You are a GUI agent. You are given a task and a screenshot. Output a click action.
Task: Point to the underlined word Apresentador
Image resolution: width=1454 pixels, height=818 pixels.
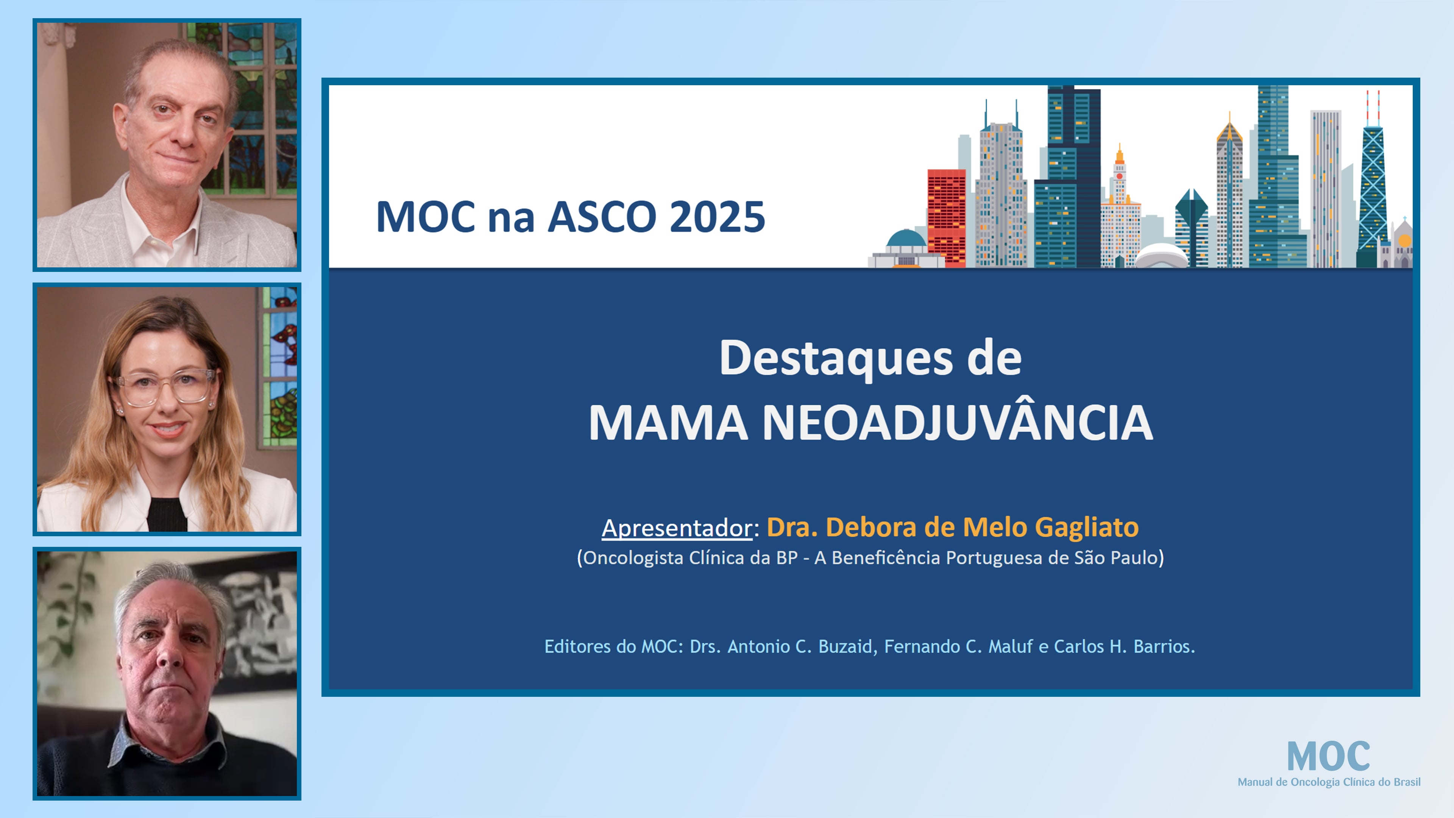coord(676,528)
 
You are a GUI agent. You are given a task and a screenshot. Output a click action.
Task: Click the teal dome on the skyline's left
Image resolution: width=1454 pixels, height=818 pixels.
coord(906,238)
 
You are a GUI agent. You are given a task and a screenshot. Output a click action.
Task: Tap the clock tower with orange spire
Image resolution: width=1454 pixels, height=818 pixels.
coord(1119,186)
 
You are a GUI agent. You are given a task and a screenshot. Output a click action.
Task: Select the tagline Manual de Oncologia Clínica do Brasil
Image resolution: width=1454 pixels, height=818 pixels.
coord(1329,782)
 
